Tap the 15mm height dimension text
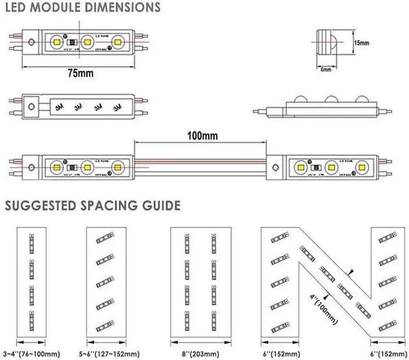[361, 42]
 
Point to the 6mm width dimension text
[325, 69]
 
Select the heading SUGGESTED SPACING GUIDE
[92, 206]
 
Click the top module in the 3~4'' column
[31, 242]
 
